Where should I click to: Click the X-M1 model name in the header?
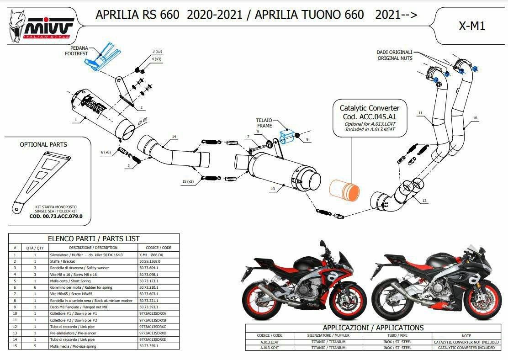(x=472, y=26)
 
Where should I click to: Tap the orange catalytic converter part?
(x=344, y=191)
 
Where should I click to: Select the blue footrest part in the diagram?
(x=102, y=56)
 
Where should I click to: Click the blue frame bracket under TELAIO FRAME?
(x=287, y=137)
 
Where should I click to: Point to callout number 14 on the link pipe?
(x=174, y=137)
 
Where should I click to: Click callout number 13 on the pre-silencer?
(x=273, y=189)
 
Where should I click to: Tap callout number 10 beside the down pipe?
(x=475, y=118)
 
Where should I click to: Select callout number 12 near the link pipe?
(x=424, y=201)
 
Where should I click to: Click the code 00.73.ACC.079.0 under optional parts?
(x=56, y=216)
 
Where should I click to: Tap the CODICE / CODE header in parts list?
(x=159, y=248)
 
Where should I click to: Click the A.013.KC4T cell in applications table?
(x=270, y=348)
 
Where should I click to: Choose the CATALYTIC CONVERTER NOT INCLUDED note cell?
(x=466, y=342)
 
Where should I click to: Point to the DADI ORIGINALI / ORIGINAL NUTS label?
(x=395, y=55)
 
